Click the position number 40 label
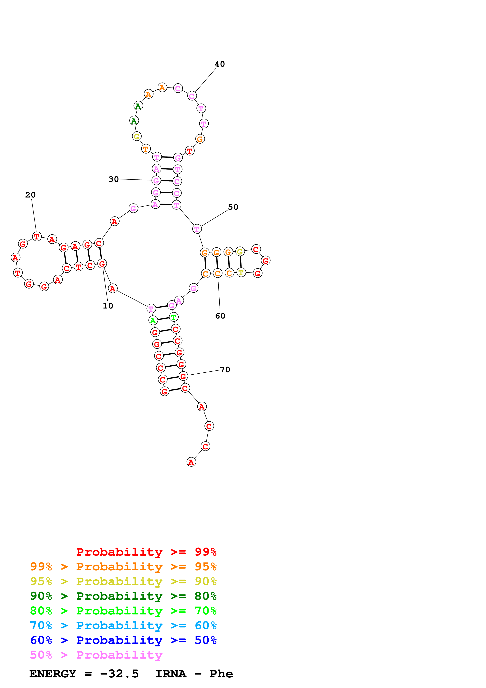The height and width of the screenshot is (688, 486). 220,64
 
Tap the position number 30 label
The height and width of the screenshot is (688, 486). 114,179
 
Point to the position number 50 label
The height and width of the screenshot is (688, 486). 233,207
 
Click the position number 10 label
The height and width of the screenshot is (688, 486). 108,306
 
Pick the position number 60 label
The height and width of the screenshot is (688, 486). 220,316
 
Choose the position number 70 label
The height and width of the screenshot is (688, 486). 225,369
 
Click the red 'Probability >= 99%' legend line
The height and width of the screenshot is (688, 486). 146,552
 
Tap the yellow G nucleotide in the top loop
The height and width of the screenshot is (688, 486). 137,136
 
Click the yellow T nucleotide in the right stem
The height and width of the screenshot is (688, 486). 241,272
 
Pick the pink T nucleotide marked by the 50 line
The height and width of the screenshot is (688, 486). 197,229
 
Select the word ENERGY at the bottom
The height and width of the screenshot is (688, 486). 53,674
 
